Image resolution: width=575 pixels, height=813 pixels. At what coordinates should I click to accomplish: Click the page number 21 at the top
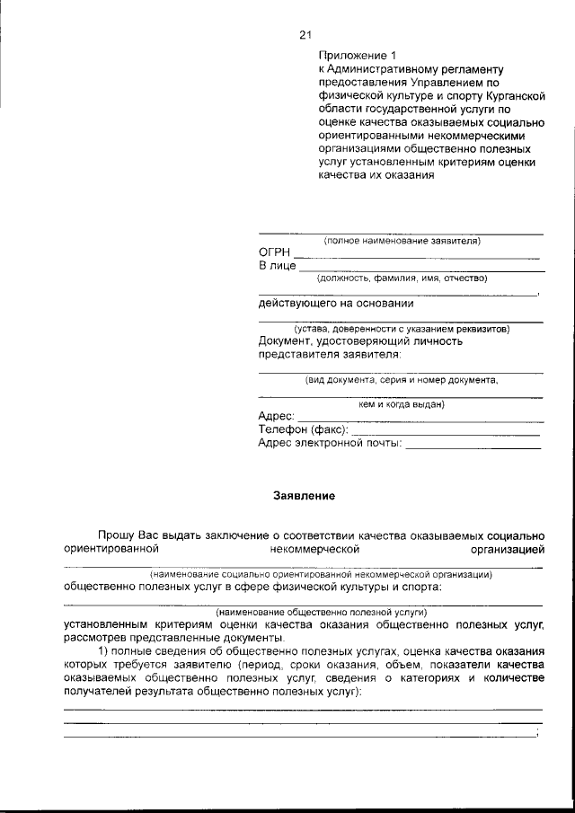point(304,35)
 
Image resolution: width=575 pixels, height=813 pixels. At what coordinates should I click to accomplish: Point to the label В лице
point(277,267)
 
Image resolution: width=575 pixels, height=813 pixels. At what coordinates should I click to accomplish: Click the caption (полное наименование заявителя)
point(402,241)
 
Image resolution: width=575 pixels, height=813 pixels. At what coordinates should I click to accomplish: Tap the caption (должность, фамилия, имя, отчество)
point(402,278)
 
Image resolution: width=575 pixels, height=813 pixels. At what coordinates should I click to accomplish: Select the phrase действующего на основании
point(336,303)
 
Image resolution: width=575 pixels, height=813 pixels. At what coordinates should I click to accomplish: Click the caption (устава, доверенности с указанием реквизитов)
point(401,329)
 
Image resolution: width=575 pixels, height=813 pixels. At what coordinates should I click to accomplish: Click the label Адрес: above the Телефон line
point(277,417)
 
